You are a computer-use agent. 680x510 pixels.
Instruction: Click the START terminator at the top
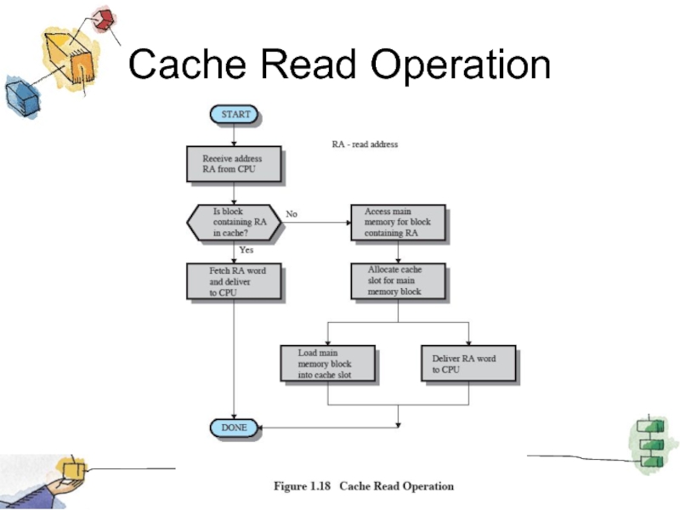click(235, 114)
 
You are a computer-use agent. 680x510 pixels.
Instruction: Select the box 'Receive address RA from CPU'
click(233, 164)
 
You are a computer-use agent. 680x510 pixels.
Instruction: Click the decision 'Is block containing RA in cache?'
click(233, 223)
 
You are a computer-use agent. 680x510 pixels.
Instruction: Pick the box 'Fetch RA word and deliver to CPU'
click(233, 281)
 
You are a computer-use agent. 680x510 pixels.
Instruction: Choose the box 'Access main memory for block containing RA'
click(398, 223)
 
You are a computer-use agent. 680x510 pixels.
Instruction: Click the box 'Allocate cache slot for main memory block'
click(398, 281)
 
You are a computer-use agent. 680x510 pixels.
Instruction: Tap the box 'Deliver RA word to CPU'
click(469, 364)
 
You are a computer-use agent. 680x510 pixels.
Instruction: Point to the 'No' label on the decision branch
click(292, 214)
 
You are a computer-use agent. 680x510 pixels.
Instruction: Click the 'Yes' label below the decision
click(246, 251)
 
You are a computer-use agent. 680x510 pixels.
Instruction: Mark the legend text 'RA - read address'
click(365, 144)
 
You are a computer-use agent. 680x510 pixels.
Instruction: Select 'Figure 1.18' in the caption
click(302, 487)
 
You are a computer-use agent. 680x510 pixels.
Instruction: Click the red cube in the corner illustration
click(105, 19)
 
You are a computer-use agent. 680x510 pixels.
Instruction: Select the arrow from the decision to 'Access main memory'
click(314, 223)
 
